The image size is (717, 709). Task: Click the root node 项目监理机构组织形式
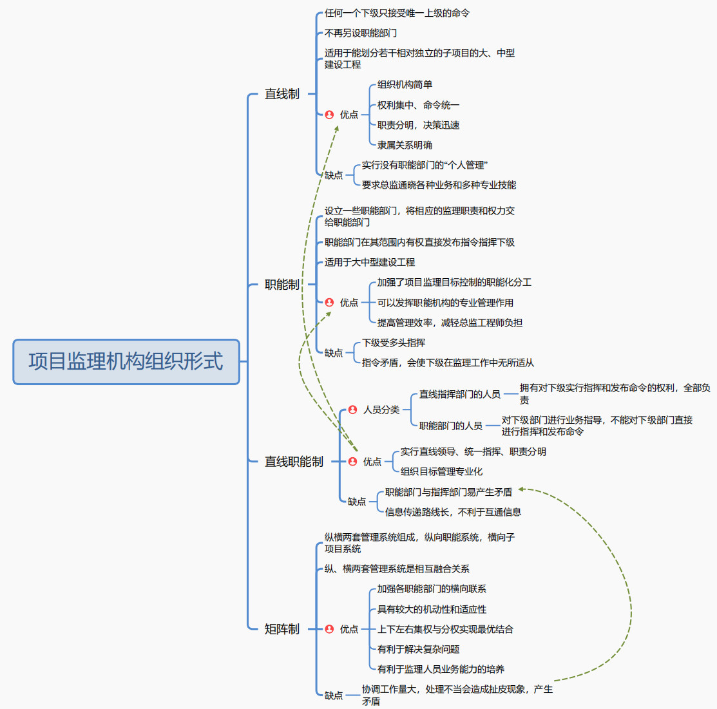pos(126,362)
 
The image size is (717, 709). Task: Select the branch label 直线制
pos(282,94)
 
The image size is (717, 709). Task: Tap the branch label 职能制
pos(282,285)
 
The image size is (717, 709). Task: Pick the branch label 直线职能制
pos(294,462)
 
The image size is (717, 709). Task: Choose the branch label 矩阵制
pos(282,629)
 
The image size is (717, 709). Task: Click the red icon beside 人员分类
pos(352,410)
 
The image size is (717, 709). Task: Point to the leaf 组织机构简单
pos(405,84)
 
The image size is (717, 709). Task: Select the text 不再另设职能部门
pos(361,33)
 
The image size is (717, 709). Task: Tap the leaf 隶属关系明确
pos(405,145)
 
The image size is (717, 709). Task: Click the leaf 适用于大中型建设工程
pos(370,262)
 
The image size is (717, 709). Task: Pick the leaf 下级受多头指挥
pos(394,343)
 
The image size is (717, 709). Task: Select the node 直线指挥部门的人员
pos(460,394)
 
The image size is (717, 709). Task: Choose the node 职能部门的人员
pos(451,426)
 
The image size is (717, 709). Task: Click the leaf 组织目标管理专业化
pos(441,471)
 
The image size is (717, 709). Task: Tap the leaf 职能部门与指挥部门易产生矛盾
pos(448,492)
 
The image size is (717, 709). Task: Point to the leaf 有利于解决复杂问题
pos(418,649)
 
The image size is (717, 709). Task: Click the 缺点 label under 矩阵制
pos(334,695)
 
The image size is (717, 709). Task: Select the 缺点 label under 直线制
pos(334,175)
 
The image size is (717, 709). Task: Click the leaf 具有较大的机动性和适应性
pos(432,609)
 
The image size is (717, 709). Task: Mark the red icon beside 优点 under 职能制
pos(329,303)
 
